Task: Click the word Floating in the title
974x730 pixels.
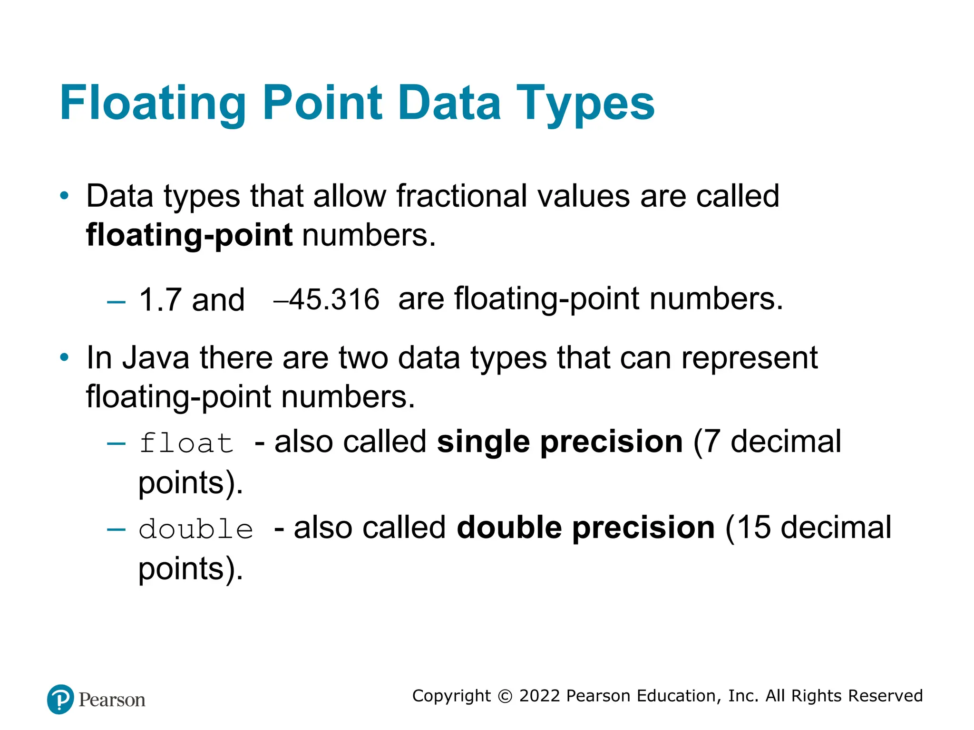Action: click(x=152, y=103)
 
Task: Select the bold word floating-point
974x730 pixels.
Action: click(x=189, y=235)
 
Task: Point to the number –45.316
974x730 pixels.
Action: click(x=327, y=300)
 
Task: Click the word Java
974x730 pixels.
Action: click(x=156, y=357)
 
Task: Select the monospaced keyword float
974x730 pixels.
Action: click(x=186, y=443)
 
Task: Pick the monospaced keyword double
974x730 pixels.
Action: click(x=195, y=529)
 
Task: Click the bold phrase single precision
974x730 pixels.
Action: click(x=560, y=442)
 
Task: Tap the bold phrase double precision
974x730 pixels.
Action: click(x=585, y=528)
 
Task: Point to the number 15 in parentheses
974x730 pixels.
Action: click(x=753, y=528)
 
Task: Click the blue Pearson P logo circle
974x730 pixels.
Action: click(x=60, y=699)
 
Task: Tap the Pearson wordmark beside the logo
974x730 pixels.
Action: click(x=112, y=700)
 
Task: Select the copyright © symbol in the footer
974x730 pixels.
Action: click(x=505, y=696)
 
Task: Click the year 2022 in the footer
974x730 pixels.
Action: click(x=539, y=696)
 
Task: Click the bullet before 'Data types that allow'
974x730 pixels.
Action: click(x=64, y=196)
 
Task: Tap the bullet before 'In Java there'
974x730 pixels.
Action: click(x=64, y=357)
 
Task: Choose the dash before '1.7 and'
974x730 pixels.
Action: click(x=116, y=302)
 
